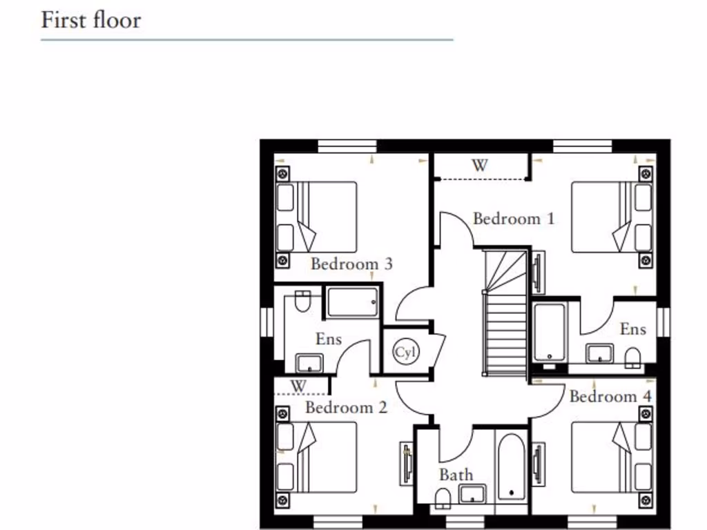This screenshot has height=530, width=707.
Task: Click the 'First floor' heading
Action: [90, 19]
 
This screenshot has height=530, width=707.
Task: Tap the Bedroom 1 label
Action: [513, 219]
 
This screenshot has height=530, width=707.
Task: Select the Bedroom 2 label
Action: [346, 407]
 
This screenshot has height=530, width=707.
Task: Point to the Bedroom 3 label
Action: [351, 264]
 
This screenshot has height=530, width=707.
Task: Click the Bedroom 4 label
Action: [610, 397]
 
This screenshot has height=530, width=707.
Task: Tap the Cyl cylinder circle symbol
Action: [406, 353]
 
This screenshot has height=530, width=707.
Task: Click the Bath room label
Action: [456, 475]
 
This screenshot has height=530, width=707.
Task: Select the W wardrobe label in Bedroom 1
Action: [479, 166]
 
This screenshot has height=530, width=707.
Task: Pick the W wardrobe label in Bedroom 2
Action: [298, 385]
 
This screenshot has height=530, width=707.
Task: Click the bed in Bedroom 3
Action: [317, 217]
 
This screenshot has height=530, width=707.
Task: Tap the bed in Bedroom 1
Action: [612, 217]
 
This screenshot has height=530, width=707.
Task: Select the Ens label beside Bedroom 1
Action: [632, 328]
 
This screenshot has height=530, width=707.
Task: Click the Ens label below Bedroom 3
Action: [329, 339]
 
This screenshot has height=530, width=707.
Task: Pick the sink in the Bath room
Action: [473, 493]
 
